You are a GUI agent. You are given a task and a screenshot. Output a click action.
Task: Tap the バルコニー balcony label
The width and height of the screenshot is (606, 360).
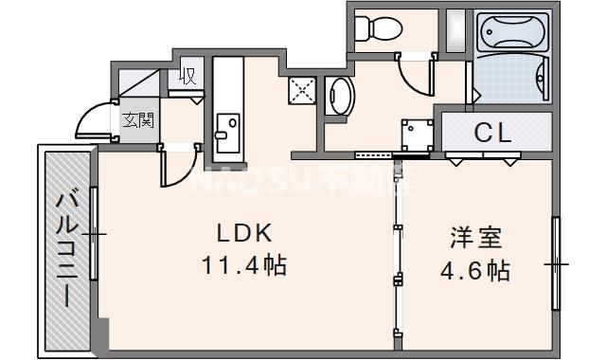(x=66, y=248)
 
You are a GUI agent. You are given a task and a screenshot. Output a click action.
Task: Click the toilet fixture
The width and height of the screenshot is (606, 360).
(x=374, y=30)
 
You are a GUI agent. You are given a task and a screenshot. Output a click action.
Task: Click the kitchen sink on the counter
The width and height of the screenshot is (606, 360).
(x=227, y=127)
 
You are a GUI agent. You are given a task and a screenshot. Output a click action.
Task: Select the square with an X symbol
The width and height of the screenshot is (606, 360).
(x=302, y=93)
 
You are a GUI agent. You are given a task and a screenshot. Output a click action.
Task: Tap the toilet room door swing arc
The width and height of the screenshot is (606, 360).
(x=414, y=72)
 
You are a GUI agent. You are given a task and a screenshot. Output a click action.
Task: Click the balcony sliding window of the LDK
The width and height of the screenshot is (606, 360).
(x=94, y=232)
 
